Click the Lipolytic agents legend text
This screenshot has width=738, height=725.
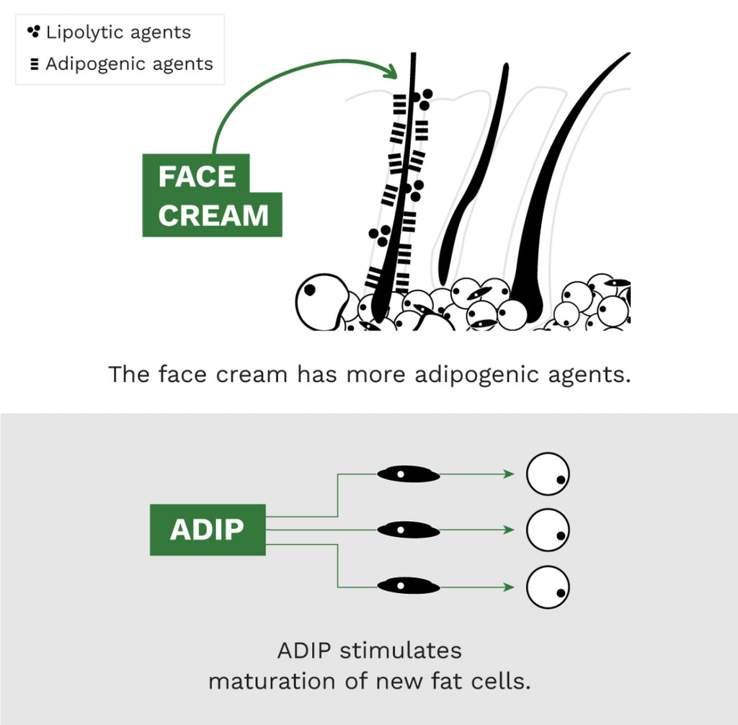point(118,32)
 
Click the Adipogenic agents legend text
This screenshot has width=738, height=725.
point(129,64)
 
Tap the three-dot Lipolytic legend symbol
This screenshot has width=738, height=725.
point(33,32)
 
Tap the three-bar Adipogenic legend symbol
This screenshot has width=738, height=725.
point(33,64)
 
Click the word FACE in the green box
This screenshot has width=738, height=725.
point(197,177)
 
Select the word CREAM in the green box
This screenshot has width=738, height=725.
point(213,215)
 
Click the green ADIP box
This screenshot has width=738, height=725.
point(208,530)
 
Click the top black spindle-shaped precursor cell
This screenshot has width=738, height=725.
point(409,474)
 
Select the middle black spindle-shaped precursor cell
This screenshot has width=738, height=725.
point(409,530)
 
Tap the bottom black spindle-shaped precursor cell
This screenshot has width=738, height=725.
point(409,584)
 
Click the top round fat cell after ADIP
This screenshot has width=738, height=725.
point(548,474)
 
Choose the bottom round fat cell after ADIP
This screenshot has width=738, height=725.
point(548,587)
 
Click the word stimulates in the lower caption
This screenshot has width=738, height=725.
point(400,651)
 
